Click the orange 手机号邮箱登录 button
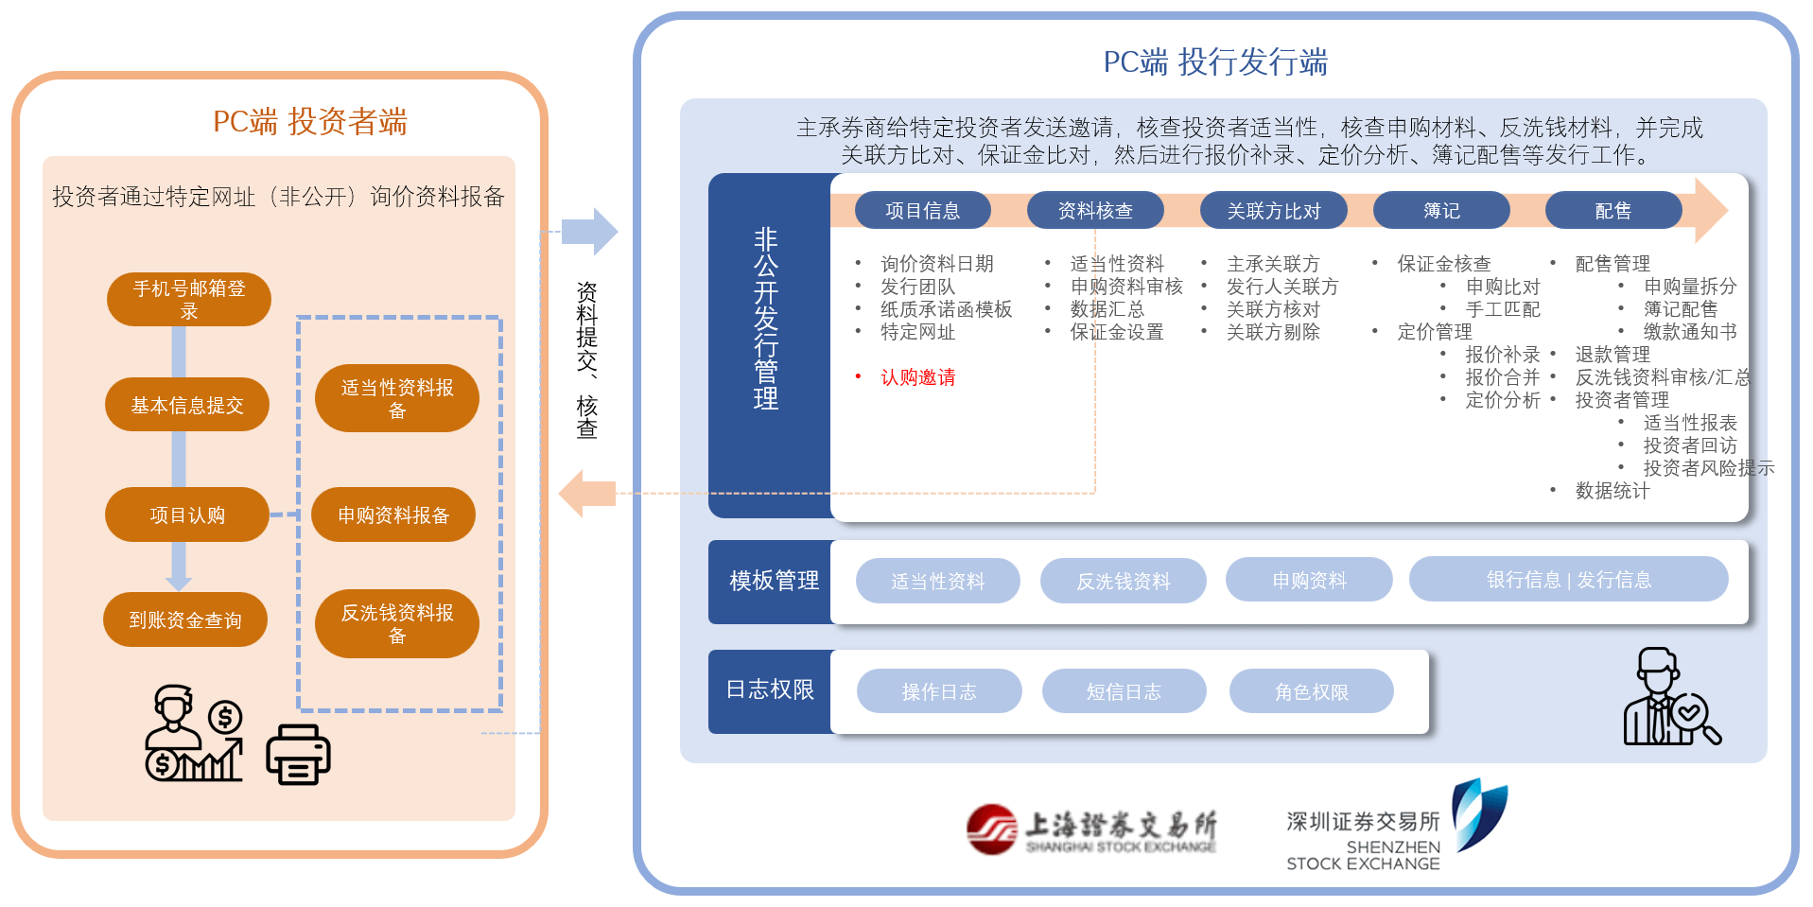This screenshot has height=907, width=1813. pyautogui.click(x=189, y=300)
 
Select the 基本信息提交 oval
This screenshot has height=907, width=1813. pyautogui.click(x=187, y=405)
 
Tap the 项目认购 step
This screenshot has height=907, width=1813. pyautogui.click(x=187, y=515)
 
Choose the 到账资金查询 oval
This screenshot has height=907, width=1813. pyautogui.click(x=185, y=619)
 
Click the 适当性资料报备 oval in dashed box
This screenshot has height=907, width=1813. pyautogui.click(x=397, y=398)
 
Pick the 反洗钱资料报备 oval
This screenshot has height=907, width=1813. pyautogui.click(x=397, y=623)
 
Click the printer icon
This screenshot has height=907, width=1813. pyautogui.click(x=298, y=755)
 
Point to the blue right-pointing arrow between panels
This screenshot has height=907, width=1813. pyautogui.click(x=589, y=232)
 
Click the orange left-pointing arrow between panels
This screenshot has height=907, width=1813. pyautogui.click(x=587, y=494)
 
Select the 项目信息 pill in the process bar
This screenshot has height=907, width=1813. pyautogui.click(x=922, y=210)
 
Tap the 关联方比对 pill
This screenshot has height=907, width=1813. pyautogui.click(x=1273, y=210)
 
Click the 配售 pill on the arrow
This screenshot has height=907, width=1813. pyautogui.click(x=1613, y=210)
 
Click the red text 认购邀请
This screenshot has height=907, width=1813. pyautogui.click(x=917, y=377)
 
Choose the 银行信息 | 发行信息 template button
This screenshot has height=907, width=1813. pyautogui.click(x=1568, y=580)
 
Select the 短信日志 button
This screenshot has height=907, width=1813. pyautogui.click(x=1124, y=691)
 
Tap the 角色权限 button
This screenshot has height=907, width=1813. pyautogui.click(x=1311, y=691)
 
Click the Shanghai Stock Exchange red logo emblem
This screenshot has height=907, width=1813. pyautogui.click(x=991, y=829)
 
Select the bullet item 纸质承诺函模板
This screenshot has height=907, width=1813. pyautogui.click(x=946, y=309)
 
